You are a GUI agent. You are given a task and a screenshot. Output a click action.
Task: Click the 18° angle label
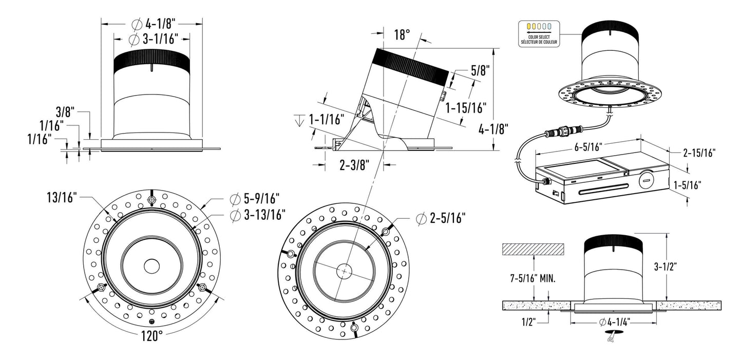(x=402, y=35)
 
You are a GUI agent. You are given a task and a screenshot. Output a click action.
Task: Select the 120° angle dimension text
(x=152, y=336)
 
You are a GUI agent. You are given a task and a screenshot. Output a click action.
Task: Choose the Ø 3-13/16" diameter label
(x=258, y=215)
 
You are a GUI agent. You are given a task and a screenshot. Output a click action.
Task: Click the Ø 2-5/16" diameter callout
(x=441, y=219)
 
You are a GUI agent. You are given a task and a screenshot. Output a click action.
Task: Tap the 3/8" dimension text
(x=66, y=111)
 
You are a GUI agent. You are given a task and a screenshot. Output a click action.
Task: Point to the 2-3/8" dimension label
(x=354, y=165)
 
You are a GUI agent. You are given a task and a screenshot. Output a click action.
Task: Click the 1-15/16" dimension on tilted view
(x=466, y=108)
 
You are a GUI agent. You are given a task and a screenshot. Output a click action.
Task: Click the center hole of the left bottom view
(x=151, y=266)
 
